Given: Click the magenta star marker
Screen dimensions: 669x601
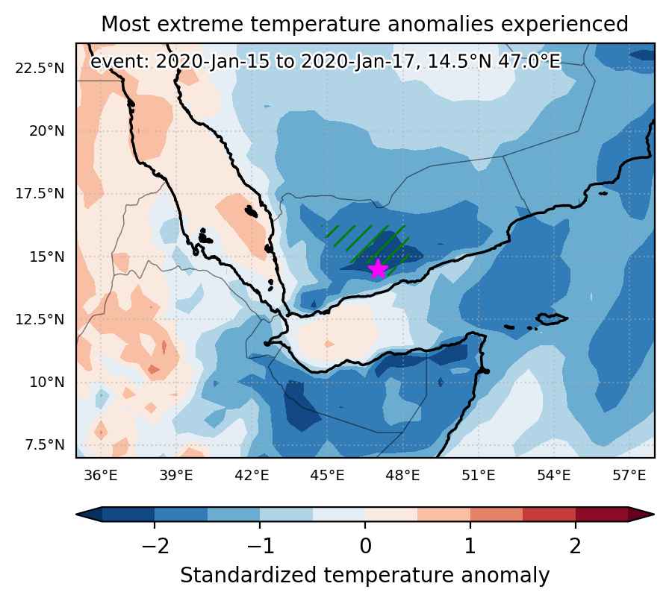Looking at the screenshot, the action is click(x=378, y=269).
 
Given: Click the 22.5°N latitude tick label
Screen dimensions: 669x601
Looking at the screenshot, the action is click(x=40, y=68).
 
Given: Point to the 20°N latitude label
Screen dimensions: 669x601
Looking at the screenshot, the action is click(x=47, y=130).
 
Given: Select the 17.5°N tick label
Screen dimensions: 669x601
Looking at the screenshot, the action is click(x=40, y=194).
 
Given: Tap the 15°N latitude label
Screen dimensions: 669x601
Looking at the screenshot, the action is click(x=47, y=257).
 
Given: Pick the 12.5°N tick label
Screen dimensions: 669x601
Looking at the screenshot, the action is click(x=40, y=319).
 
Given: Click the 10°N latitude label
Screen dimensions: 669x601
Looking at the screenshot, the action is click(x=47, y=382).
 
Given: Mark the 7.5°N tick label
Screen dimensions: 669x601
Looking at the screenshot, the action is click(x=43, y=444).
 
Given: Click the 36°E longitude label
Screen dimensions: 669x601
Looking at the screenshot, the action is click(x=101, y=475).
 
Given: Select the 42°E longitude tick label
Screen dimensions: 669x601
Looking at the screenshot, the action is click(x=252, y=475).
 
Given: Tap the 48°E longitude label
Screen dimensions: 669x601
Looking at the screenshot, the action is click(x=402, y=475).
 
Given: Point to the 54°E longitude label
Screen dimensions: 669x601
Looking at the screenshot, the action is click(x=554, y=475).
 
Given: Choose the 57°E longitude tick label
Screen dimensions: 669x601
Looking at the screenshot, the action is click(x=629, y=475).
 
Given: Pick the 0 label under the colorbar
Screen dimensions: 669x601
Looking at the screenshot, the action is click(x=365, y=545).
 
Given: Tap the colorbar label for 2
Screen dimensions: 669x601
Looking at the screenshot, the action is click(x=575, y=545).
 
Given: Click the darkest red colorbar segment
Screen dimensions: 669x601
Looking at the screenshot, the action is click(x=602, y=515).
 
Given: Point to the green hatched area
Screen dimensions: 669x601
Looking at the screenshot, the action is click(x=366, y=243).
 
